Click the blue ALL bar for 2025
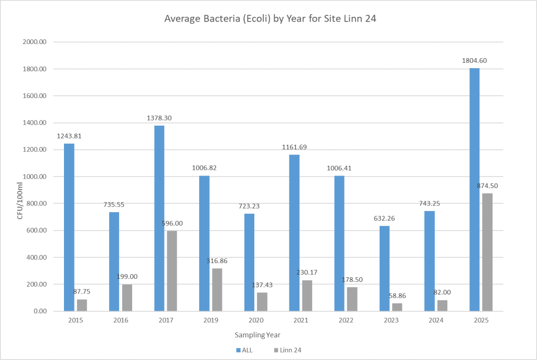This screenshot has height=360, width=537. [x=474, y=190]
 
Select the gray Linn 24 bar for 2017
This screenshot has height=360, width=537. [x=172, y=271]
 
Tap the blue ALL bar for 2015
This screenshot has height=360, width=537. [x=69, y=227]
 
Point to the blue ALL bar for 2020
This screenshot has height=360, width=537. [x=249, y=263]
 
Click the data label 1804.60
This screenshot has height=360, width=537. [x=474, y=60]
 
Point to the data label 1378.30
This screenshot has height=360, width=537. [x=159, y=118]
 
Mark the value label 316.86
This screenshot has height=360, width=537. [x=217, y=260]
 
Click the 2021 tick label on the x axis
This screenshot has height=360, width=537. [x=300, y=320]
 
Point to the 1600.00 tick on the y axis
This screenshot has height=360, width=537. [x=37, y=96]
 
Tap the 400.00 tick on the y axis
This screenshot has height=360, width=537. [x=38, y=258]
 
